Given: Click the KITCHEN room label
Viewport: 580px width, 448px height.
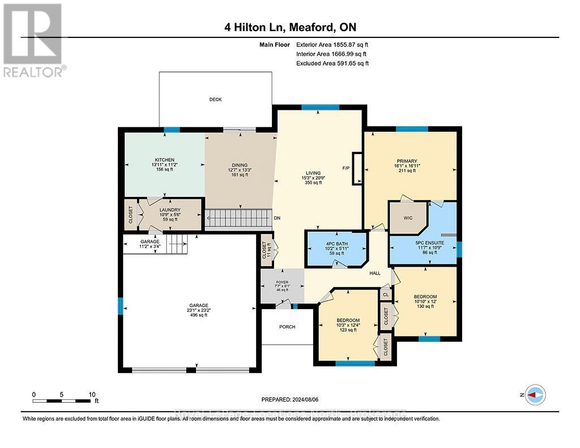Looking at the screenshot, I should [165, 160].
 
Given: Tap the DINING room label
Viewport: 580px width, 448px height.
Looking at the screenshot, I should [238, 163].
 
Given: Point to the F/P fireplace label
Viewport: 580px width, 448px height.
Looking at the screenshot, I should [346, 168].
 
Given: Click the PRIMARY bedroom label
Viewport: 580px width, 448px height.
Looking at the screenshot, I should [407, 161].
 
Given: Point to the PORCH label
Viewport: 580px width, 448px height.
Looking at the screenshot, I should [287, 327].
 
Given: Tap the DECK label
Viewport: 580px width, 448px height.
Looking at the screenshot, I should [215, 100].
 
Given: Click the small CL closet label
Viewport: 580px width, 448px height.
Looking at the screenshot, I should [386, 295].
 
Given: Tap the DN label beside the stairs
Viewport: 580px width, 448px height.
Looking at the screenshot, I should [277, 217].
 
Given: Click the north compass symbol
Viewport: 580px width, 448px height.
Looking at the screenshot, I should [535, 394].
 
